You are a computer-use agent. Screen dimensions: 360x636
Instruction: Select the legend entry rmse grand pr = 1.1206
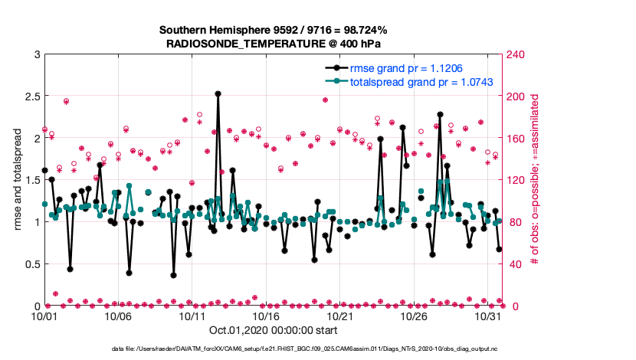point(406,67)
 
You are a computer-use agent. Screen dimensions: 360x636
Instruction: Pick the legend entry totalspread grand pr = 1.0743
point(421,81)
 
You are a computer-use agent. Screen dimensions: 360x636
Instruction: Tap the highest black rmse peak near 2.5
point(218,93)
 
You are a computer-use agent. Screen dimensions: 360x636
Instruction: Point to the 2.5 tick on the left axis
point(31,97)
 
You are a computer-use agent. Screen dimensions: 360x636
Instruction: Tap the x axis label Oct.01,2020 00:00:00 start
point(273,331)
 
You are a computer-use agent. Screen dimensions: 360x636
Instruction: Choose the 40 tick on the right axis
point(514,264)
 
